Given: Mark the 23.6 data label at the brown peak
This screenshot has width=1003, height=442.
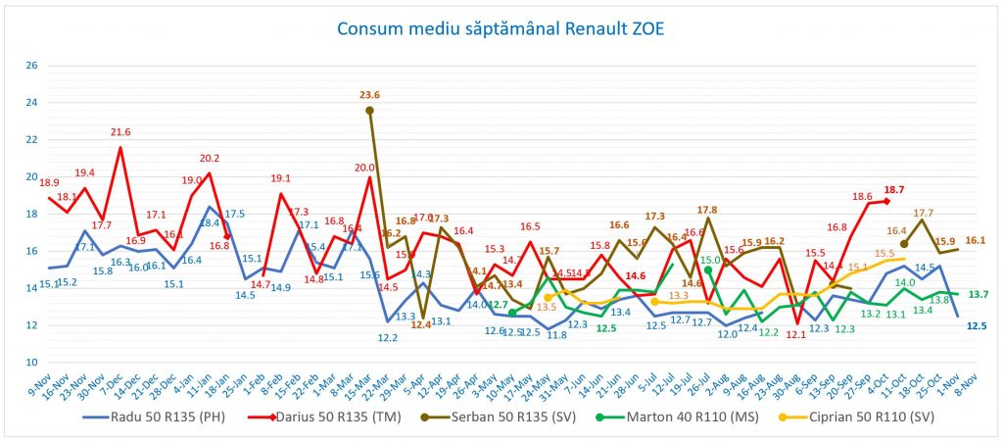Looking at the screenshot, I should (370, 96).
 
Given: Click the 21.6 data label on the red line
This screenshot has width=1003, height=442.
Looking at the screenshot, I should (120, 132).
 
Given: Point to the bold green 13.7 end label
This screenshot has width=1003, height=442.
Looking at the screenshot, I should (978, 294).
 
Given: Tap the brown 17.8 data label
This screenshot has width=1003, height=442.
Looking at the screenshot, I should (707, 210).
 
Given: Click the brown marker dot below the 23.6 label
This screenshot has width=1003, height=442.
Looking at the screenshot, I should (370, 111).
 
